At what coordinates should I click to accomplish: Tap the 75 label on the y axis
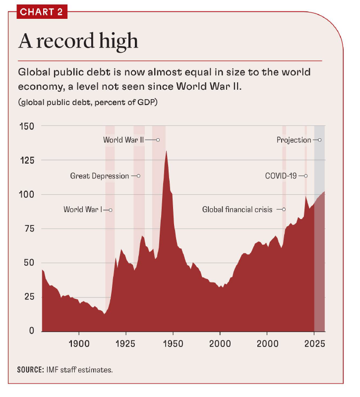coord(29,229)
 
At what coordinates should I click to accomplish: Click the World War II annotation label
coord(123,140)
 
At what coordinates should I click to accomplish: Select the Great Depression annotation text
coord(99,176)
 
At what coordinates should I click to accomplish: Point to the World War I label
coord(82,210)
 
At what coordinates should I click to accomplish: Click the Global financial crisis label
coord(237,210)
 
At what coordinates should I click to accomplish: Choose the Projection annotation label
coord(294,140)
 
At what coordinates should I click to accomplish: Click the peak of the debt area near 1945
coord(166,151)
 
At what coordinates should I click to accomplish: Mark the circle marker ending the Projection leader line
coord(320,140)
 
